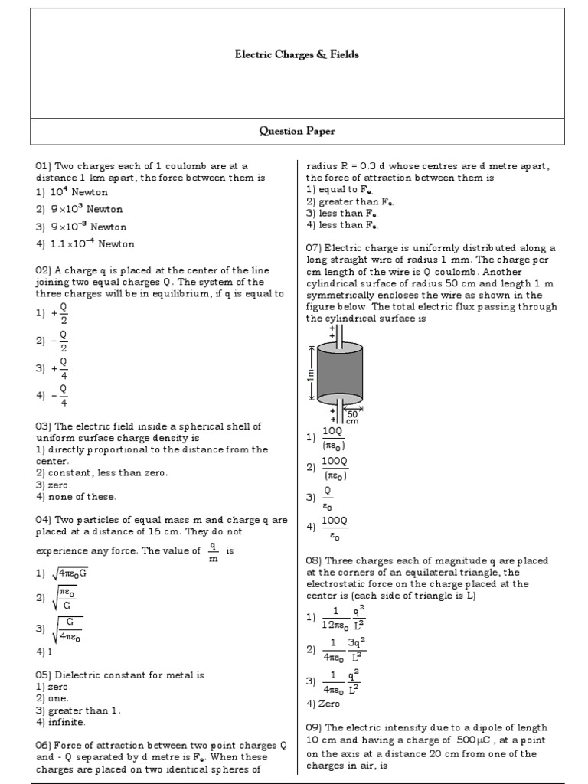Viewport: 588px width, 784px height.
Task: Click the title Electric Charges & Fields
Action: [296, 55]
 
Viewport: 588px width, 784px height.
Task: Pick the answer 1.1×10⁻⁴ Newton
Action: [90, 244]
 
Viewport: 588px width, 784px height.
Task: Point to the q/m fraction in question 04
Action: [214, 552]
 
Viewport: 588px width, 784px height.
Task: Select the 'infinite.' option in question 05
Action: [65, 721]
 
